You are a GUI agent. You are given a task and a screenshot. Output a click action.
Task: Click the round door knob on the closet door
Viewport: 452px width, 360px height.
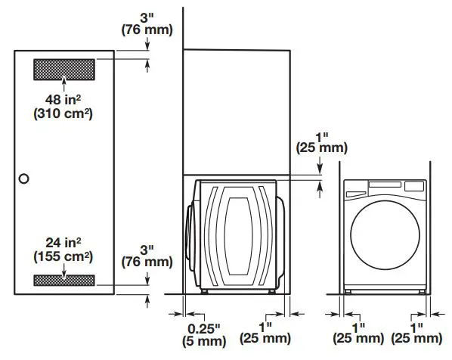(23, 178)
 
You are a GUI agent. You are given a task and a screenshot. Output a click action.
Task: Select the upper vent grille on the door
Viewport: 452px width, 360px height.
(64, 70)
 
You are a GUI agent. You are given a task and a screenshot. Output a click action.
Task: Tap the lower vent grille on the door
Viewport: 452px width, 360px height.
(64, 281)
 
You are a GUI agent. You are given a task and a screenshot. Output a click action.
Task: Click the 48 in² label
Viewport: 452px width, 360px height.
(63, 100)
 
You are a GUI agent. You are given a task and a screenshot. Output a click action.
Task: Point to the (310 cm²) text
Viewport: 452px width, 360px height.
(63, 113)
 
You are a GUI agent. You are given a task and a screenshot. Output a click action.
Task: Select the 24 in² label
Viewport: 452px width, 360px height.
(63, 243)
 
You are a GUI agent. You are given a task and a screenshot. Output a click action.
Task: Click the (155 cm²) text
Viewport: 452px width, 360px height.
(63, 256)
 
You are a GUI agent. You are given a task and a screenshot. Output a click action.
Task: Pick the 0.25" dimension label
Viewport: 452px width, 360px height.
(204, 328)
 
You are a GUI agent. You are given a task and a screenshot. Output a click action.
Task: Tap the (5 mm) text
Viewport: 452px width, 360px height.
(204, 341)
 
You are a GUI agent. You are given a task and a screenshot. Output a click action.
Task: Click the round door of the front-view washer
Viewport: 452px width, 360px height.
(385, 235)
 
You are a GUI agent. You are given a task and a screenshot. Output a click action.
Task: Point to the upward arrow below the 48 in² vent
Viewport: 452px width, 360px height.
(64, 84)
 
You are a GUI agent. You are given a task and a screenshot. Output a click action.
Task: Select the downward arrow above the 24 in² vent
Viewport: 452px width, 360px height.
(64, 272)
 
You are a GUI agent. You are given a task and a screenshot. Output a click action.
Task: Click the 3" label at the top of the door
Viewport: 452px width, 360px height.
(147, 18)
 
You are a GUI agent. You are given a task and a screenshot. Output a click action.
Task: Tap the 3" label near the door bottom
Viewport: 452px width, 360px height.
(147, 250)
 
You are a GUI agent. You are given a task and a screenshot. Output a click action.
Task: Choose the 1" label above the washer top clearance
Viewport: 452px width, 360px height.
(322, 137)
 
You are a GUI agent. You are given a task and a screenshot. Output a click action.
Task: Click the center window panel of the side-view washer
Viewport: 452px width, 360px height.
(238, 236)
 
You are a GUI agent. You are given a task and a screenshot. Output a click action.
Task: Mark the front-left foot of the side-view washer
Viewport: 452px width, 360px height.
(205, 291)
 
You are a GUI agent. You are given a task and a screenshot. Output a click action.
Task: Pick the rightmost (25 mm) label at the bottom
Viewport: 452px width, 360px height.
(416, 338)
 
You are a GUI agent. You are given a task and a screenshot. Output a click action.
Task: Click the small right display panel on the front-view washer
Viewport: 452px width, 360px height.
(414, 186)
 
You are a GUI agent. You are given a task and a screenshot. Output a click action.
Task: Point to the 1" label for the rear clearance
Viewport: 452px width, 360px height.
(265, 327)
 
